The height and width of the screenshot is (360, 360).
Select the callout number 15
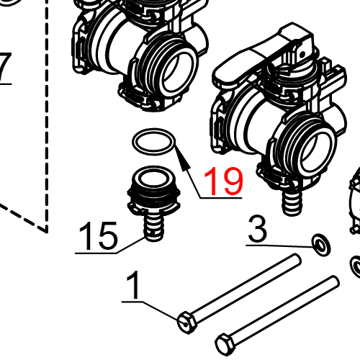pyautogui.click(x=97, y=237)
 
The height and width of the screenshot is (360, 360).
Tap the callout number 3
pyautogui.click(x=258, y=230)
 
